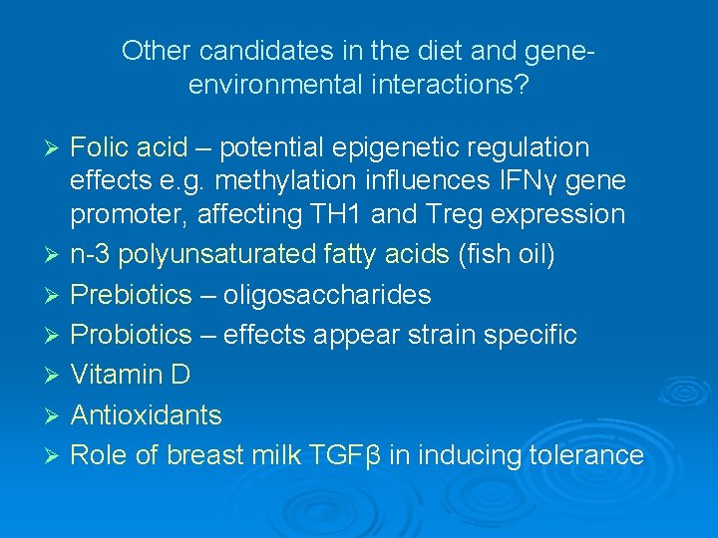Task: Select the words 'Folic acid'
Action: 129,148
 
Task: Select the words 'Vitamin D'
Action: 131,375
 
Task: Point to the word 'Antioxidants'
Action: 147,414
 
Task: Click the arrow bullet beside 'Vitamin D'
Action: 56,376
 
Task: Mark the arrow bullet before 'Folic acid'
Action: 56,149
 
